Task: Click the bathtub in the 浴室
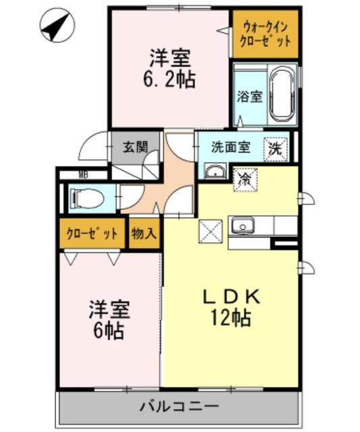(x=282, y=95)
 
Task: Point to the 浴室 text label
(x=249, y=97)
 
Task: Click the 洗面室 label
(x=230, y=147)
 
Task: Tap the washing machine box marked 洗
(x=277, y=146)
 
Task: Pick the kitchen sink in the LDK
(x=242, y=226)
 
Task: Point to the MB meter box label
(x=83, y=175)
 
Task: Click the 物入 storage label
(x=144, y=234)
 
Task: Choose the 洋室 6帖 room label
(x=108, y=321)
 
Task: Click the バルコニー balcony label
(x=178, y=407)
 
